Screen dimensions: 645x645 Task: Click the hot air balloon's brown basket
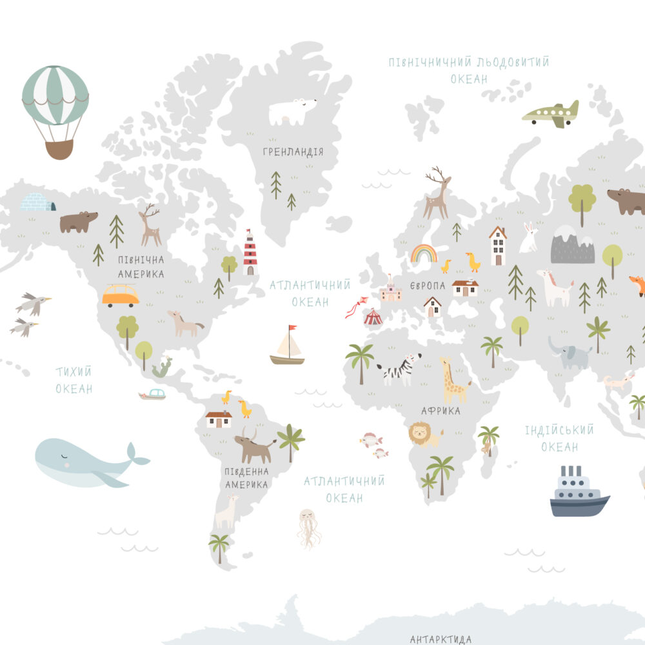(59, 149)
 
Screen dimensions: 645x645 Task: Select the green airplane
(551, 114)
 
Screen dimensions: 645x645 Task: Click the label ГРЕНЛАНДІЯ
(293, 152)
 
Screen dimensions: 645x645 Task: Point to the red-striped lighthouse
(250, 253)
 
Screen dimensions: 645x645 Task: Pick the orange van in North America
(121, 295)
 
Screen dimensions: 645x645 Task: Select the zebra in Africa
(398, 370)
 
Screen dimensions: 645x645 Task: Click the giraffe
(453, 381)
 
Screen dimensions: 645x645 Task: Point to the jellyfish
(308, 527)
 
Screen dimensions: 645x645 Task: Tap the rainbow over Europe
(424, 253)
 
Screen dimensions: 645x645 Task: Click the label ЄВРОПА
(428, 286)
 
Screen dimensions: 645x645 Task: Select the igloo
(37, 202)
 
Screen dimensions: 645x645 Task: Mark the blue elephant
(571, 355)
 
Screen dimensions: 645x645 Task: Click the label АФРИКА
(441, 410)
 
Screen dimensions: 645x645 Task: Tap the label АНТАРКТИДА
(441, 639)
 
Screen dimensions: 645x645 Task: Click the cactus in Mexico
(162, 368)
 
